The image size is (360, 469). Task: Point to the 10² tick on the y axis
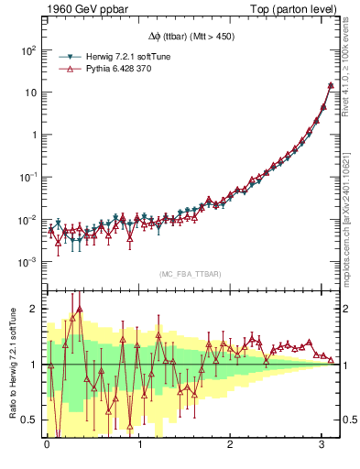pos(30,49)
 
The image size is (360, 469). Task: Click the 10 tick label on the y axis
pos(32,93)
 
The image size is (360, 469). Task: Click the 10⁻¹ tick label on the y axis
pos(30,177)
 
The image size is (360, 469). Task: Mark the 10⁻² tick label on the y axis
pos(30,220)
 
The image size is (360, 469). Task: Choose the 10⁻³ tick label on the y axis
pos(30,262)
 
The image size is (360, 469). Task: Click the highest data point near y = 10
pos(330,86)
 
